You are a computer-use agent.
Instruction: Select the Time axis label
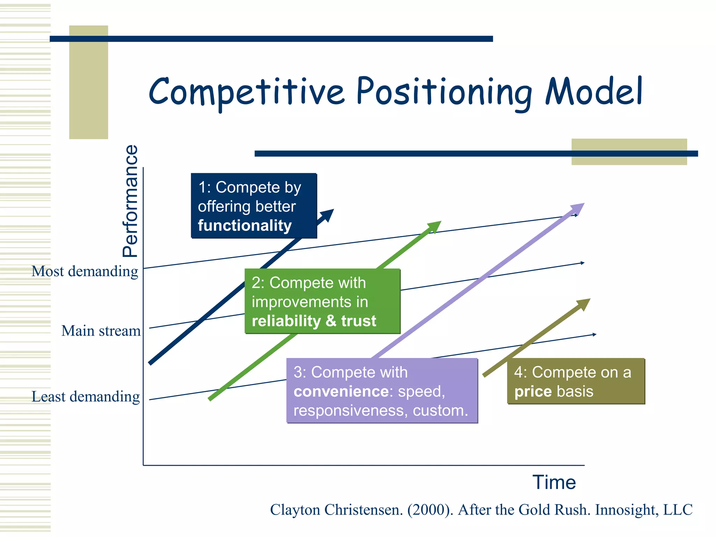click(554, 482)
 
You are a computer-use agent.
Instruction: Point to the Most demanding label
click(85, 271)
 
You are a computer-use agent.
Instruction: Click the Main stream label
click(101, 331)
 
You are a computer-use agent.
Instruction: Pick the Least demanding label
click(86, 397)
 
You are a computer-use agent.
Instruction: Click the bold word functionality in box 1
click(244, 225)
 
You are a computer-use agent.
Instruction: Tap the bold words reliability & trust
click(314, 321)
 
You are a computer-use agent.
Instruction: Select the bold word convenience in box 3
click(341, 392)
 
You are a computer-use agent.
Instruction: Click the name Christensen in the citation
click(364, 510)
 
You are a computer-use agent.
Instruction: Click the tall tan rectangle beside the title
click(88, 82)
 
